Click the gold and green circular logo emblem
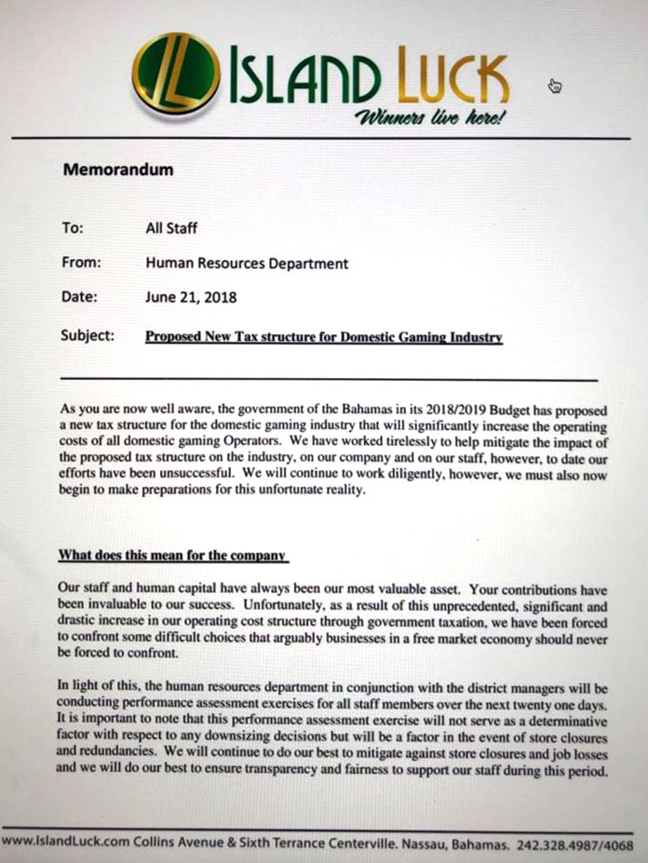point(176,73)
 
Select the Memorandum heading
point(117,170)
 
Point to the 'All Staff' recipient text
point(171,227)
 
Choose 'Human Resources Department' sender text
point(247,263)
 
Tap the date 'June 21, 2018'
point(191,298)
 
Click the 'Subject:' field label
point(88,334)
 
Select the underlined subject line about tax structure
point(324,336)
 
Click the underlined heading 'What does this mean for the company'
point(171,556)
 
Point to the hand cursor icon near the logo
point(556,87)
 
